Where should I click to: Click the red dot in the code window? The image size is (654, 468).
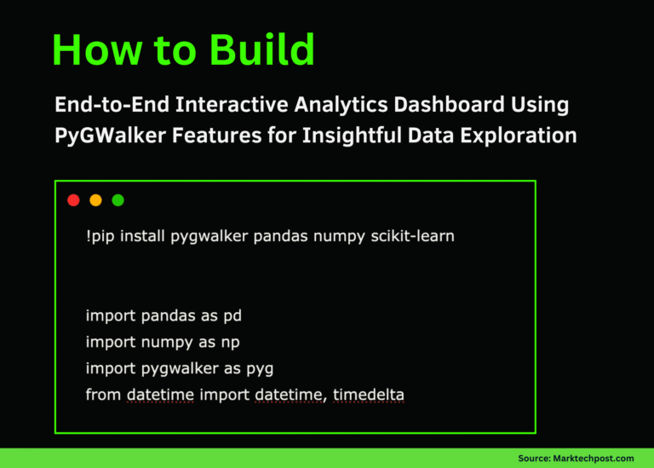[73, 200]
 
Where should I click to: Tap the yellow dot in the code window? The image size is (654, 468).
[95, 200]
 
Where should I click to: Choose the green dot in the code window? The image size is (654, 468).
[118, 200]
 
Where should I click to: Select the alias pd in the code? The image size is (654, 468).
[232, 316]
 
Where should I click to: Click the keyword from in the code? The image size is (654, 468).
[104, 395]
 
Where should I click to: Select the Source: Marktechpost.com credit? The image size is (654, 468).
[576, 458]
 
